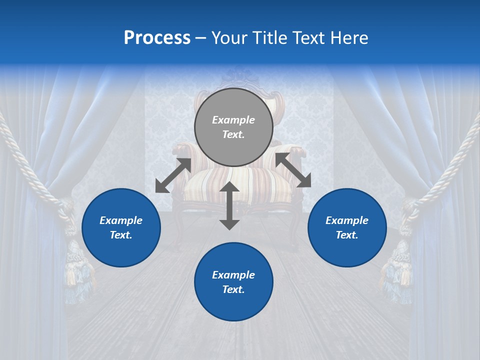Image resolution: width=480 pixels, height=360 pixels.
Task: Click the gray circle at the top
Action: pyautogui.click(x=233, y=127)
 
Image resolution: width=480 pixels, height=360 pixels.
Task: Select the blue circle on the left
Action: pyautogui.click(x=121, y=227)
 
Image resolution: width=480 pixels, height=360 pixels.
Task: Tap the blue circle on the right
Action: pyautogui.click(x=347, y=227)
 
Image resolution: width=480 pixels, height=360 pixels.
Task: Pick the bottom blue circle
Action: pyautogui.click(x=233, y=282)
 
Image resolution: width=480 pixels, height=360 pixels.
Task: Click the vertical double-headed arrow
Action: pyautogui.click(x=229, y=205)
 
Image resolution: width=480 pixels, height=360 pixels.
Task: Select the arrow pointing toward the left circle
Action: pyautogui.click(x=173, y=175)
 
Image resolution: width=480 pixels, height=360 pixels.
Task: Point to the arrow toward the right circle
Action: pyautogui.click(x=293, y=170)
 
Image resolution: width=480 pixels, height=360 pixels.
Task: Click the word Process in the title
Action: pyautogui.click(x=157, y=37)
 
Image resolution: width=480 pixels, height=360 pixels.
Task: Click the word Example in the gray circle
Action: pyautogui.click(x=233, y=120)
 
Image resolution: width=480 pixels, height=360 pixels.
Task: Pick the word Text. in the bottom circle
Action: pyautogui.click(x=233, y=289)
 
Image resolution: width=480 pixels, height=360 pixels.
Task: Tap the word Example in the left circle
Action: pyautogui.click(x=121, y=220)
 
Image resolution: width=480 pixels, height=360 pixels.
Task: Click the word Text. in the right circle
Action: pyautogui.click(x=347, y=235)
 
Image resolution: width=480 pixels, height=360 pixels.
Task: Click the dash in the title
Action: pyautogui.click(x=201, y=38)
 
